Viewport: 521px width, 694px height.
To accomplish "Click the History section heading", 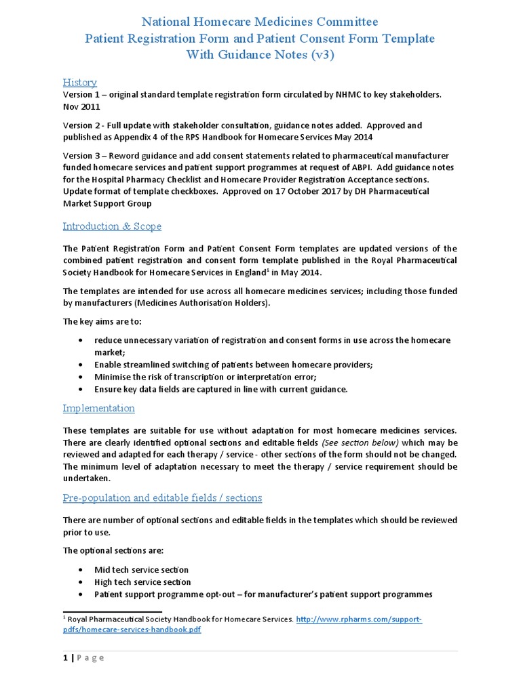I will [x=80, y=82].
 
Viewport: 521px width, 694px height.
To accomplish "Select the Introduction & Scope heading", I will [x=112, y=226].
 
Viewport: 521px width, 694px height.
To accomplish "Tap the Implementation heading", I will [x=98, y=408].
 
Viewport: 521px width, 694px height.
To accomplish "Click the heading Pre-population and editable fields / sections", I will [x=162, y=497].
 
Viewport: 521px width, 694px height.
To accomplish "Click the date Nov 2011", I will [x=81, y=106].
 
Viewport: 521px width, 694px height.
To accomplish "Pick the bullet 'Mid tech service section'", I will [x=141, y=570].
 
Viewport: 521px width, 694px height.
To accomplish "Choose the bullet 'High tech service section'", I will [x=142, y=582].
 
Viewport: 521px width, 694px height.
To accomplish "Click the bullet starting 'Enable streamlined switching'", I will [x=233, y=365].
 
